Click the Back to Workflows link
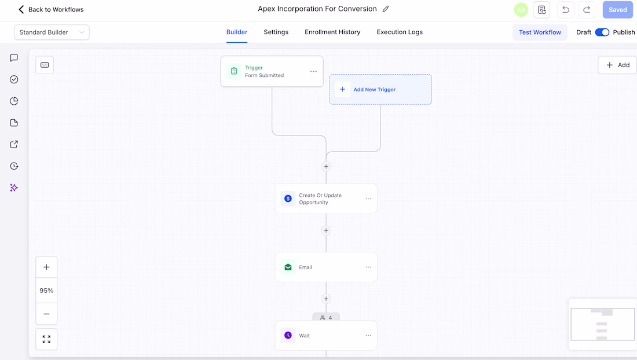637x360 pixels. [x=51, y=9]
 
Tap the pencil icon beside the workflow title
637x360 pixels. [x=386, y=9]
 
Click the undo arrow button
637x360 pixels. [x=566, y=10]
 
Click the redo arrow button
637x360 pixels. [x=587, y=10]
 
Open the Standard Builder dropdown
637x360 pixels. [x=52, y=32]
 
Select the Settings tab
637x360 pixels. [x=276, y=32]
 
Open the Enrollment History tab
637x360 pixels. [x=332, y=32]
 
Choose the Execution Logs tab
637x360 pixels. [x=400, y=32]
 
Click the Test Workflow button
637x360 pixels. [x=540, y=32]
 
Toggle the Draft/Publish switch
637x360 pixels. [x=602, y=32]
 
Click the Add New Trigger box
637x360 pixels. [x=380, y=89]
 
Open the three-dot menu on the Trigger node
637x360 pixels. [x=313, y=71]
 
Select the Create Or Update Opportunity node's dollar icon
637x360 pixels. [x=288, y=199]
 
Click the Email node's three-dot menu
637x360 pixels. [x=368, y=267]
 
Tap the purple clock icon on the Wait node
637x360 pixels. [x=288, y=335]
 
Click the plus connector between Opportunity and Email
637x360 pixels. [x=326, y=230]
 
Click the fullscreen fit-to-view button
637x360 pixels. [x=46, y=339]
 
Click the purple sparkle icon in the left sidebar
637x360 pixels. [x=14, y=188]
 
